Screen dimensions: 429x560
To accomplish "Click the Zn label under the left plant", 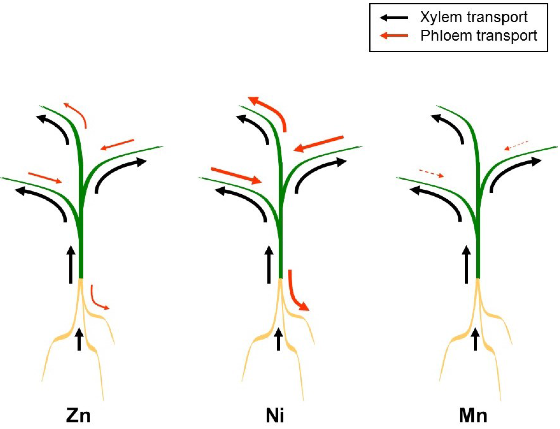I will click(x=78, y=416).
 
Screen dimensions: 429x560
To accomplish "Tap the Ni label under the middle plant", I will click(x=275, y=416).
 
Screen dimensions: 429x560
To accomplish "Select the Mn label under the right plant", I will click(x=473, y=416).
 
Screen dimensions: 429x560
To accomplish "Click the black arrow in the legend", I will click(x=394, y=18).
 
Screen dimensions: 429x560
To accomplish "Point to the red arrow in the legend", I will click(x=394, y=35).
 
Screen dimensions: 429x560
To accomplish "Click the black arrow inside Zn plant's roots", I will click(x=79, y=339).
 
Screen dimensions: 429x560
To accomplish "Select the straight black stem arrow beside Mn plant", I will click(x=466, y=264).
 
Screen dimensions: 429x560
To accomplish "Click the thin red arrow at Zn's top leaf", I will click(x=78, y=113).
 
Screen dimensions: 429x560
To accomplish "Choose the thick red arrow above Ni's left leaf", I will click(x=236, y=175).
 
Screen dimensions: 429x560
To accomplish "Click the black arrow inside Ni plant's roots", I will click(x=279, y=339).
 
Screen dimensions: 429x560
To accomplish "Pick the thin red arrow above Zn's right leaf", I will click(x=117, y=145).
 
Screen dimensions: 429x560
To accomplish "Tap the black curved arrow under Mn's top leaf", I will click(x=450, y=126).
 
